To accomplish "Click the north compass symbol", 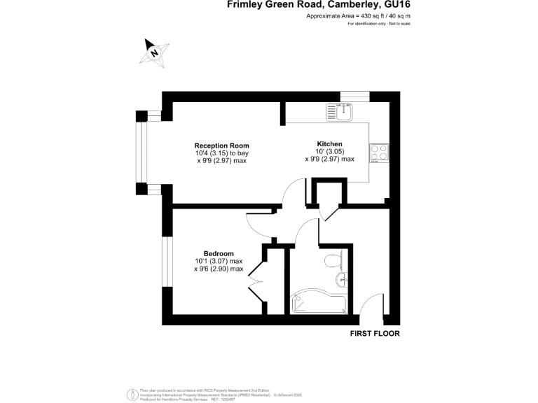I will (155, 52).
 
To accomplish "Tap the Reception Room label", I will (221, 146).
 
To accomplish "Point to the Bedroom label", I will (219, 253).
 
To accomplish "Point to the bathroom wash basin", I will (342, 281).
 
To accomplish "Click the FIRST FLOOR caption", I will (375, 334).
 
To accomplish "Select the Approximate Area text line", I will (358, 16).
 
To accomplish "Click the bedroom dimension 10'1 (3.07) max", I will (219, 261).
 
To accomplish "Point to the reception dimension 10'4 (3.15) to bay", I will (221, 153).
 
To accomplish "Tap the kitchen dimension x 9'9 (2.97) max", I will (329, 159).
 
